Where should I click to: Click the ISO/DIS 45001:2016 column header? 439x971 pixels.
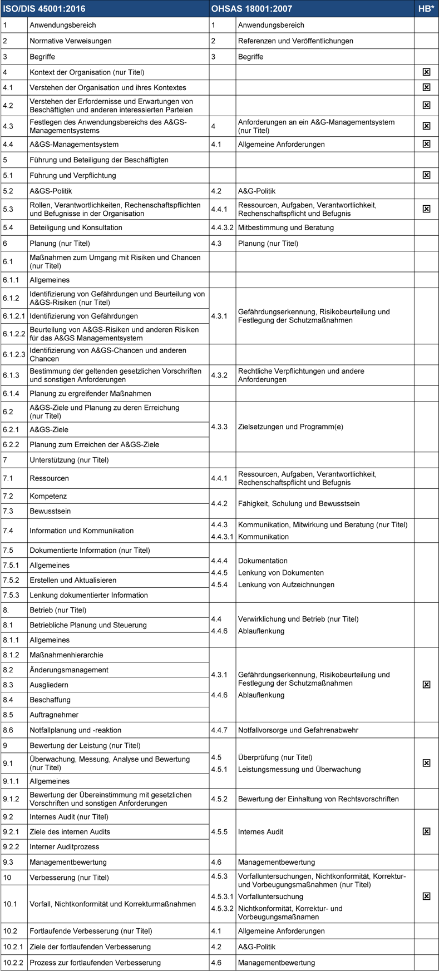click(x=45, y=9)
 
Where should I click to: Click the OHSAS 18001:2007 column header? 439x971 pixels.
click(x=251, y=9)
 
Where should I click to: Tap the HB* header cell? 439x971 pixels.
click(x=426, y=9)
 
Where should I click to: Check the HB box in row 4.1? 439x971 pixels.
click(x=426, y=87)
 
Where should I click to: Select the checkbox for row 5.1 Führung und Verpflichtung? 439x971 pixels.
click(x=426, y=175)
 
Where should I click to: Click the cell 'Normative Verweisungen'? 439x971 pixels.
click(x=71, y=41)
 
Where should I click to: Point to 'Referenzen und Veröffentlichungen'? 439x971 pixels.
click(x=295, y=41)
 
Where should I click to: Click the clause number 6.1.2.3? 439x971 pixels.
click(x=14, y=355)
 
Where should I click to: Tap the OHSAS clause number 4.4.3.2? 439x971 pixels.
click(x=223, y=227)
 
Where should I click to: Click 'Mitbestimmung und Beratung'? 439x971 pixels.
click(x=286, y=227)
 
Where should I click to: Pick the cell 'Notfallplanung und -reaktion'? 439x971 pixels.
click(x=75, y=730)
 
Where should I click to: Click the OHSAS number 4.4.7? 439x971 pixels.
click(x=219, y=730)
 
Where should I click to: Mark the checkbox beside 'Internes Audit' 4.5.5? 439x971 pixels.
click(x=426, y=831)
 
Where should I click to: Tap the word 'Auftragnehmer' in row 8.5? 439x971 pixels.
click(x=54, y=715)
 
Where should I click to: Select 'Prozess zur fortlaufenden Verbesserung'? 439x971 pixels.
click(x=95, y=963)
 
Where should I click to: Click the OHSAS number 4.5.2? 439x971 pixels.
click(x=219, y=799)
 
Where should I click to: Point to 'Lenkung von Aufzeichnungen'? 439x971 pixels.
click(x=286, y=584)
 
